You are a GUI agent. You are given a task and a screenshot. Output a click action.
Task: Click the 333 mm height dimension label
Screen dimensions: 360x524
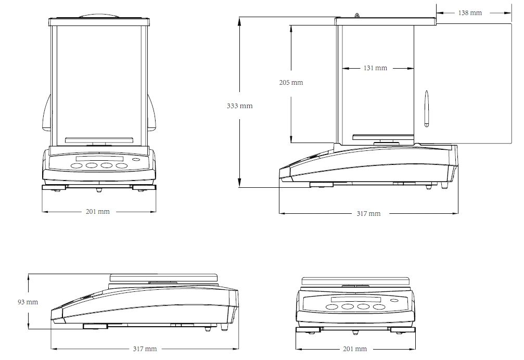coord(239,106)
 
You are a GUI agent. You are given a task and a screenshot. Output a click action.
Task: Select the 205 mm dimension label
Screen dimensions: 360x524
coord(291,82)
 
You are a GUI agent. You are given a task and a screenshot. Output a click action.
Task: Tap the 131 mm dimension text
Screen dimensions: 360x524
coord(375,68)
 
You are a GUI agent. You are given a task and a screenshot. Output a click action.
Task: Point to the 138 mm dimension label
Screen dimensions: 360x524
coord(470,12)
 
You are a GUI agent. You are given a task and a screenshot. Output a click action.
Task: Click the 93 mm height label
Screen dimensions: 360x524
coord(28,302)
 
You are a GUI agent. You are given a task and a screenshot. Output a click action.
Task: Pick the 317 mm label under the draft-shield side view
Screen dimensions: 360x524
coord(369,213)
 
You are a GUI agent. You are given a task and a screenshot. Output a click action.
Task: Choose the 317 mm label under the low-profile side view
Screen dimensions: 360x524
coord(145,349)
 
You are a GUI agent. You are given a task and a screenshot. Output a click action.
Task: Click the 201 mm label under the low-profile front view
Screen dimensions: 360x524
coord(355,349)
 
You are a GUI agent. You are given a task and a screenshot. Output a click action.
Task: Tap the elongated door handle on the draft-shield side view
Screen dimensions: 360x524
coord(427,109)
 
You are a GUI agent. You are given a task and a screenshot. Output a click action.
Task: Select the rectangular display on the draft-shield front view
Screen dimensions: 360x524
coord(99,159)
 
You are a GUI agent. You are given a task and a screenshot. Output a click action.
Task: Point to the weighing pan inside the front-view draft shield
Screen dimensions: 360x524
coord(99,139)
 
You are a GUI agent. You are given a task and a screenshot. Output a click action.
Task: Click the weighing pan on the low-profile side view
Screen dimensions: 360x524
coord(163,276)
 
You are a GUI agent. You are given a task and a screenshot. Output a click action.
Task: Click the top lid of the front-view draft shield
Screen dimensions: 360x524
coord(99,21)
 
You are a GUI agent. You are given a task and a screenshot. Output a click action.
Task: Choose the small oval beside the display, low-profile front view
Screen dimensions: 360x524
coord(394,300)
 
